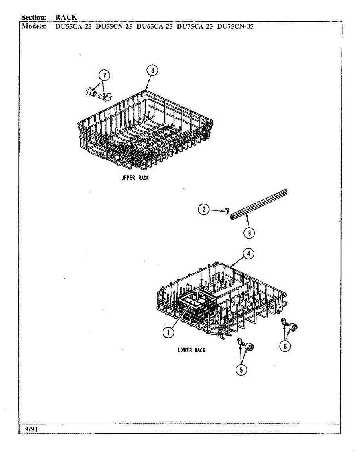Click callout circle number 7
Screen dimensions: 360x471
tap(104, 75)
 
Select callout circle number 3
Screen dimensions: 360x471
tap(152, 70)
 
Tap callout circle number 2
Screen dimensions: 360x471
tap(203, 210)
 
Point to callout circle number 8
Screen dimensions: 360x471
tap(249, 233)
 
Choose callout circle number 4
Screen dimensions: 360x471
tap(248, 254)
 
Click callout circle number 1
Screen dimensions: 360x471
tap(169, 332)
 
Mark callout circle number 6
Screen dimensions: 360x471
tap(285, 346)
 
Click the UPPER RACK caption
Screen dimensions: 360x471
tap(135, 178)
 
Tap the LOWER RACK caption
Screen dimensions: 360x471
tap(191, 350)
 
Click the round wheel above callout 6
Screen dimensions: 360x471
tap(293, 327)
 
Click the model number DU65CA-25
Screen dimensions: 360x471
tap(154, 27)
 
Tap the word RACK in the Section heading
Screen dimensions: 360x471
tap(66, 17)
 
